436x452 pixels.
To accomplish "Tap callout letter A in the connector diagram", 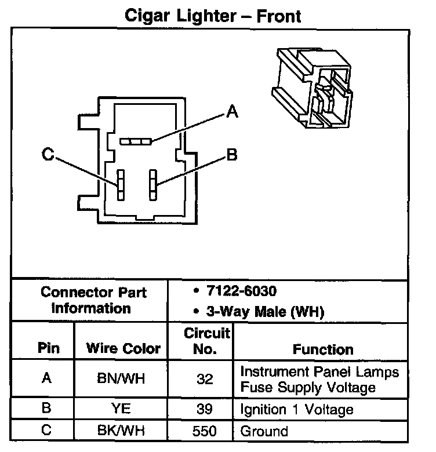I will (x=232, y=111).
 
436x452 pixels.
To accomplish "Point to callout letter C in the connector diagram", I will (x=49, y=154).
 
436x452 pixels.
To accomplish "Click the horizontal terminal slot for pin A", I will (x=136, y=141).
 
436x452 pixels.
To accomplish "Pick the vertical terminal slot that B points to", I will (x=153, y=185).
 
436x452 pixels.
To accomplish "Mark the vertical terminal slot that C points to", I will (x=121, y=185).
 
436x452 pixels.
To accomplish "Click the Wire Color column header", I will (x=123, y=349).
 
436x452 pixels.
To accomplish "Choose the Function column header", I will (x=323, y=349).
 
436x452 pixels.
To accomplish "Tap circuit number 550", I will (x=204, y=431).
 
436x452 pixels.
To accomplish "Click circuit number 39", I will (x=204, y=409).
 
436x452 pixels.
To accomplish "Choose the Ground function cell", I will (x=264, y=431).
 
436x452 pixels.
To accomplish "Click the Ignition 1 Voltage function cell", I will (x=296, y=410).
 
